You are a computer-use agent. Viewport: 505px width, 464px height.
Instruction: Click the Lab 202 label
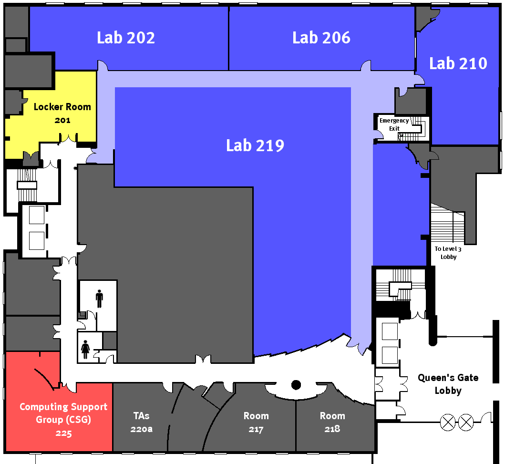click(x=126, y=38)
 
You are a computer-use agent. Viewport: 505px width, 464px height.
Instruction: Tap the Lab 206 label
click(x=321, y=38)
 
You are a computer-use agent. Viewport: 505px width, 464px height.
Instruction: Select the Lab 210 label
click(x=458, y=63)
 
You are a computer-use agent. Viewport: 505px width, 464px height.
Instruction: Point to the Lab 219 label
click(x=255, y=145)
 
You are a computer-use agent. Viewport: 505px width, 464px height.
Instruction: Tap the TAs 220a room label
click(x=142, y=422)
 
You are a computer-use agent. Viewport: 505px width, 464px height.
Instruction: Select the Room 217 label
click(x=256, y=422)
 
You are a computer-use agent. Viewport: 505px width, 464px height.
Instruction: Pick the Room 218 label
click(x=332, y=422)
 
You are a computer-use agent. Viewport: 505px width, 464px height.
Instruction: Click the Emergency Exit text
click(x=394, y=124)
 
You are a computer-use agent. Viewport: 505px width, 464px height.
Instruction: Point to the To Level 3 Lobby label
click(x=448, y=253)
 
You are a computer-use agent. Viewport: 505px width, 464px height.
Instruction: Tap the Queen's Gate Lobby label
click(x=448, y=384)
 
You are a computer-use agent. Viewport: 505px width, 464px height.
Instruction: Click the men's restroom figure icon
click(x=99, y=299)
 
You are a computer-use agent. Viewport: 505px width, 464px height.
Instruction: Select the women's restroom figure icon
click(x=86, y=349)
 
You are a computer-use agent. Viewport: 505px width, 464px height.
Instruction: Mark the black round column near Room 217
click(x=296, y=384)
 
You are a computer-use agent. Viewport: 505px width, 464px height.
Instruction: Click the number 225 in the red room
click(x=63, y=433)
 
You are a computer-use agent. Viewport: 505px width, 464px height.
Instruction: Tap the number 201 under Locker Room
click(x=62, y=120)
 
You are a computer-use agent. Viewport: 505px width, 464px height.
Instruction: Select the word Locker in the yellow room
click(x=47, y=107)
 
